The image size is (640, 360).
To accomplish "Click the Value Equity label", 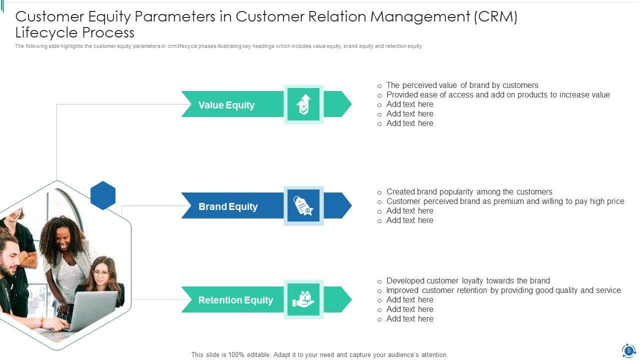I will click(x=226, y=105).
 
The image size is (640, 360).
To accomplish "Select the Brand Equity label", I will click(x=227, y=206).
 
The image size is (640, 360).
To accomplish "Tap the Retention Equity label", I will click(x=235, y=300).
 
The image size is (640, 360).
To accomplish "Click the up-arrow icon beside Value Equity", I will click(x=303, y=104).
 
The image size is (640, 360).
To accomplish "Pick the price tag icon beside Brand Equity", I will click(x=303, y=206).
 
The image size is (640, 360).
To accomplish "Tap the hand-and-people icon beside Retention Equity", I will click(x=303, y=299).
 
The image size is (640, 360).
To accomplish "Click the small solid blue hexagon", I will click(x=103, y=195).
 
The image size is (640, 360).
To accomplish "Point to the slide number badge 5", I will click(x=628, y=350).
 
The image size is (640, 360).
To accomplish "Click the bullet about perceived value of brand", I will click(x=462, y=85).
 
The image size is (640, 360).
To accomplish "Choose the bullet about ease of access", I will click(x=497, y=95).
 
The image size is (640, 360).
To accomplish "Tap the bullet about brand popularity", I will click(x=469, y=192).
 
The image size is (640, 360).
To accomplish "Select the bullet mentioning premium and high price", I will click(x=505, y=201).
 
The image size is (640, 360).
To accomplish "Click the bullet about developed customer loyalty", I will click(x=467, y=281).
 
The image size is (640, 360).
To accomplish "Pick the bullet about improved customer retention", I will click(x=503, y=290).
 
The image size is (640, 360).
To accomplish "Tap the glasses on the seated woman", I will click(x=100, y=273).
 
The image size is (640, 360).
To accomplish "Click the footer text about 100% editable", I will click(x=319, y=355).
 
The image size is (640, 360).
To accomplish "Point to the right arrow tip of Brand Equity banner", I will click(x=348, y=205).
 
